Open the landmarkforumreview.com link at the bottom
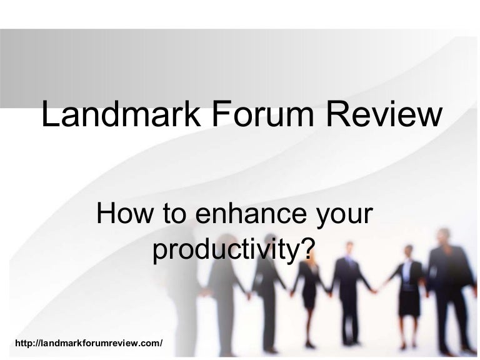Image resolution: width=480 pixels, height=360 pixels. click(x=92, y=344)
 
